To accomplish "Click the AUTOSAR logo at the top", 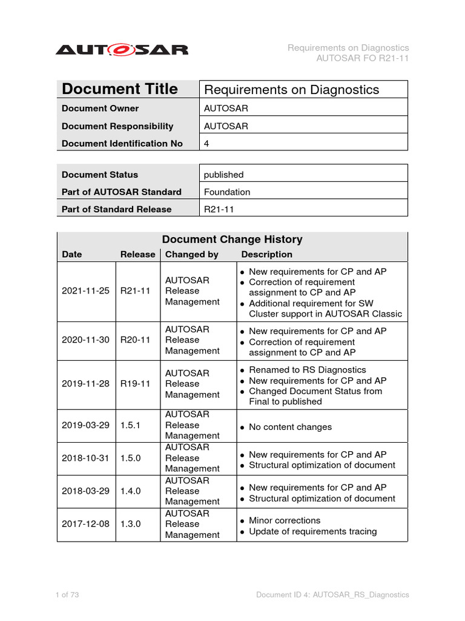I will (122, 49).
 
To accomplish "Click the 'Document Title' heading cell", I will (120, 89).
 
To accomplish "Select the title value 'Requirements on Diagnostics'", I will (291, 90).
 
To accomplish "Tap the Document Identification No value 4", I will (206, 144).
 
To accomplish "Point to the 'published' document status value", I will (223, 175).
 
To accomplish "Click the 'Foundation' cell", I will (227, 192).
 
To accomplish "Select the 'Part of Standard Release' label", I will (116, 209).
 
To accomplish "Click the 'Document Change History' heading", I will (232, 240).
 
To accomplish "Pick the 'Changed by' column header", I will (192, 255).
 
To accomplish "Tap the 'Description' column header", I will (266, 255).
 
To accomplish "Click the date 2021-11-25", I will (85, 290).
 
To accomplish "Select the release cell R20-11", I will (135, 340).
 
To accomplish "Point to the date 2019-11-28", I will (85, 384).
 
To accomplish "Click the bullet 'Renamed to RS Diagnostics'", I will (308, 370).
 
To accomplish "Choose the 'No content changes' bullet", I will (290, 427).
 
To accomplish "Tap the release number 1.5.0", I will (130, 458).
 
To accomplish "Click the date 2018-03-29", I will (85, 491).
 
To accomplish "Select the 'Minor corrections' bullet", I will (285, 520).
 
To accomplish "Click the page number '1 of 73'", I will (67, 595).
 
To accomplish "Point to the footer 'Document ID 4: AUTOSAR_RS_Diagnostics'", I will (332, 595).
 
